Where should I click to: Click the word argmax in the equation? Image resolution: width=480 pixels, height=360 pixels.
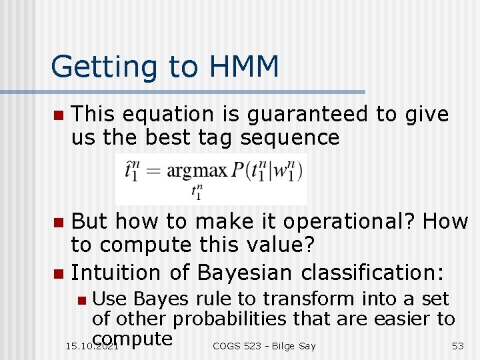pos(197,171)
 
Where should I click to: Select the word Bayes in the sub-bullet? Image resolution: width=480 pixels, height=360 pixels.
pos(155,299)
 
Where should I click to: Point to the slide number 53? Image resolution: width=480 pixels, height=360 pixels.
pos(457,346)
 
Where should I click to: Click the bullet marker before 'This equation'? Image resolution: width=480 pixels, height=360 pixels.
pos(58,115)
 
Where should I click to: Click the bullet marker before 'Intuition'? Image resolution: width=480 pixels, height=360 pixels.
pos(58,273)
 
